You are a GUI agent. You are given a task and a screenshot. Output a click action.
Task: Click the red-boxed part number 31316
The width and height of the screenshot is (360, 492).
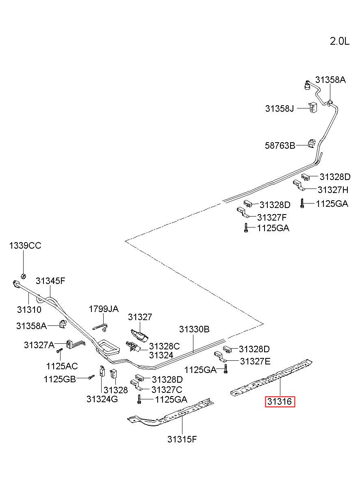(x=280, y=401)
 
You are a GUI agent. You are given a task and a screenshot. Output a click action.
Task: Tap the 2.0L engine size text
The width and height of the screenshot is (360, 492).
(x=340, y=41)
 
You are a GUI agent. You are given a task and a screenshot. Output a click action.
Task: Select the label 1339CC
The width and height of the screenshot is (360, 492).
(x=25, y=245)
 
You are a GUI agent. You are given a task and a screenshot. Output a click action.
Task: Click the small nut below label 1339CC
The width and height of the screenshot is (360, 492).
(x=23, y=276)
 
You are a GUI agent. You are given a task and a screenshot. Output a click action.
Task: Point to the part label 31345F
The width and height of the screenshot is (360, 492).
(x=50, y=281)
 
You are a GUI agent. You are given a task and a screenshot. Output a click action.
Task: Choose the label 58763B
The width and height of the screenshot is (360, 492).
(x=280, y=145)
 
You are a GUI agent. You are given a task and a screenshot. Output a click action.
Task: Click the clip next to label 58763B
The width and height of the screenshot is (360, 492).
(x=311, y=144)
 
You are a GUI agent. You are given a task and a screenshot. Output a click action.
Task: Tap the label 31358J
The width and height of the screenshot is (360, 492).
(x=280, y=108)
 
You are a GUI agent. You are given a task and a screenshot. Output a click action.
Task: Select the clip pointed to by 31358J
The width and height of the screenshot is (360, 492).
(x=313, y=107)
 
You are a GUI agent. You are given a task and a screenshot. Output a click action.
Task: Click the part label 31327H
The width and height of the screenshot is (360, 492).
(x=333, y=190)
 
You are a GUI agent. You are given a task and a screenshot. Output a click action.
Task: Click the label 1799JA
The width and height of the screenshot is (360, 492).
(x=104, y=309)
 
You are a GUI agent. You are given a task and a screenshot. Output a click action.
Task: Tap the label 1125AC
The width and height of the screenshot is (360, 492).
(x=62, y=366)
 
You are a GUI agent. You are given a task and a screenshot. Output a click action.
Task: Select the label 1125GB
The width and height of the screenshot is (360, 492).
(x=60, y=379)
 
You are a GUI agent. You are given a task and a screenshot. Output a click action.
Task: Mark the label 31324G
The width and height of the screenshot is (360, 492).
(x=102, y=399)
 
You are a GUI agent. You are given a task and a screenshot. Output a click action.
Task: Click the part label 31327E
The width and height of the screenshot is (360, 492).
(x=255, y=361)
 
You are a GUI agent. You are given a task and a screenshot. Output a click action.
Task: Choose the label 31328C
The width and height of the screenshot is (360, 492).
(x=165, y=347)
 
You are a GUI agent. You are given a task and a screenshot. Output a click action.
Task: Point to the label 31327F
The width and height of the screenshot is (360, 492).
(x=272, y=217)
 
